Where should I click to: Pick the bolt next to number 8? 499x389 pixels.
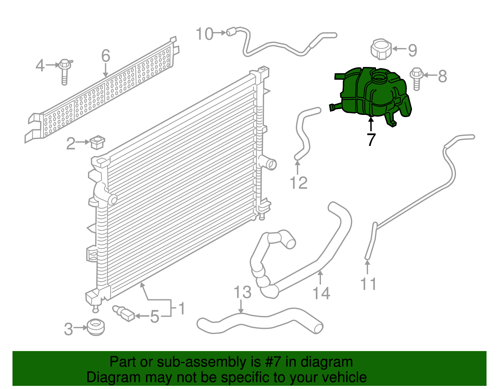coord(417,78)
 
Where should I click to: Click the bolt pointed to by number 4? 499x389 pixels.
coord(65,72)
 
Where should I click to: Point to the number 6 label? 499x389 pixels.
coord(106,56)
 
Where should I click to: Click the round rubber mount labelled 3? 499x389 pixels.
coord(96,327)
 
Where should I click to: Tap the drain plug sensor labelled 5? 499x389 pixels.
coord(123,313)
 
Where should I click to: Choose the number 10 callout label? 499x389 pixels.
coord(204,34)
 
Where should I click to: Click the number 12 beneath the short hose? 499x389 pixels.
coord(298,183)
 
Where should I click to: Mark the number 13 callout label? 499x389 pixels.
coord(242,292)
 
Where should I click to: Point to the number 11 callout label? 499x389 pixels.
coord(368,284)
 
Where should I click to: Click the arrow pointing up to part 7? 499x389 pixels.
coord(371,124)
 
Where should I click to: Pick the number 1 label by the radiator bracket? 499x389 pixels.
coord(182,308)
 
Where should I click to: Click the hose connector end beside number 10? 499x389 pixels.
coord(231,32)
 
